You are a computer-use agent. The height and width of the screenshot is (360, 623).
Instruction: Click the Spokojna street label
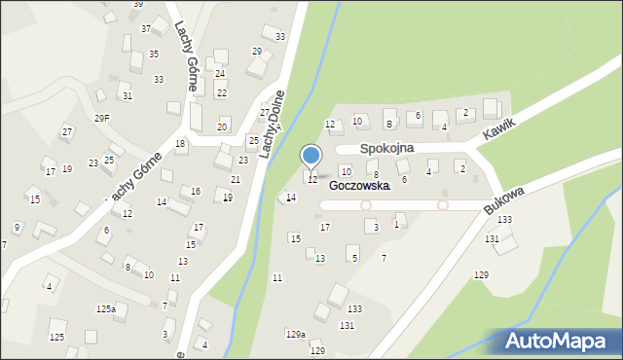pos(386,148)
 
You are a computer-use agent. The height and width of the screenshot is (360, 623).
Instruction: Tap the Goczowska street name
pos(359,185)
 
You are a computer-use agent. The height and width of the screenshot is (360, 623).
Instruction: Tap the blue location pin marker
pos(311,156)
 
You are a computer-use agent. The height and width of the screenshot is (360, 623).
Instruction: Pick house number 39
pos(138,5)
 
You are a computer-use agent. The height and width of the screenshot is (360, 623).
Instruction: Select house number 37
pos(146,29)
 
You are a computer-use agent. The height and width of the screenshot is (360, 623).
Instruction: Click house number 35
pos(154,54)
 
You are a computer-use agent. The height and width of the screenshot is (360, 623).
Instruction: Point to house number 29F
pos(102,119)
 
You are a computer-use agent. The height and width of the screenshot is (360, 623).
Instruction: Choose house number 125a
pos(106,308)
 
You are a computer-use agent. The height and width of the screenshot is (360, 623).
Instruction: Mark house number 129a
pos(296,334)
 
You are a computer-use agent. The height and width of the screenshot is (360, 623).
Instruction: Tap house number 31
pos(127,96)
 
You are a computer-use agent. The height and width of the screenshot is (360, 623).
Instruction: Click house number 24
pos(220,74)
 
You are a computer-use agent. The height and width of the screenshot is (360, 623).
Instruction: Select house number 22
pos(221,93)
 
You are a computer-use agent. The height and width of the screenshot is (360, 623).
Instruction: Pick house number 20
pos(222,127)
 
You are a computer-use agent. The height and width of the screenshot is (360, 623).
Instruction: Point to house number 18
pos(180,144)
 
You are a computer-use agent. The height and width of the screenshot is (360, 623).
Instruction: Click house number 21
pos(236,180)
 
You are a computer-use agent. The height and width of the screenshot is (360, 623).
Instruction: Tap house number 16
pos(196,192)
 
